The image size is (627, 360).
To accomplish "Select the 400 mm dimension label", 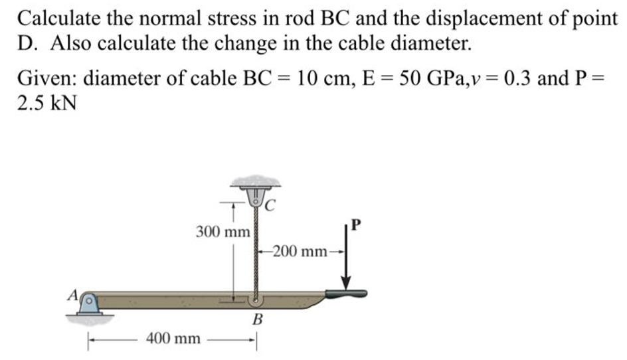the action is (173, 339).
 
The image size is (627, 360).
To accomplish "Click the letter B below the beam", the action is (256, 319).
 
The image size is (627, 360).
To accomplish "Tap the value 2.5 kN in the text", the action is (46, 104).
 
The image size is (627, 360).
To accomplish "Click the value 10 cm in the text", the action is (321, 78).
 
